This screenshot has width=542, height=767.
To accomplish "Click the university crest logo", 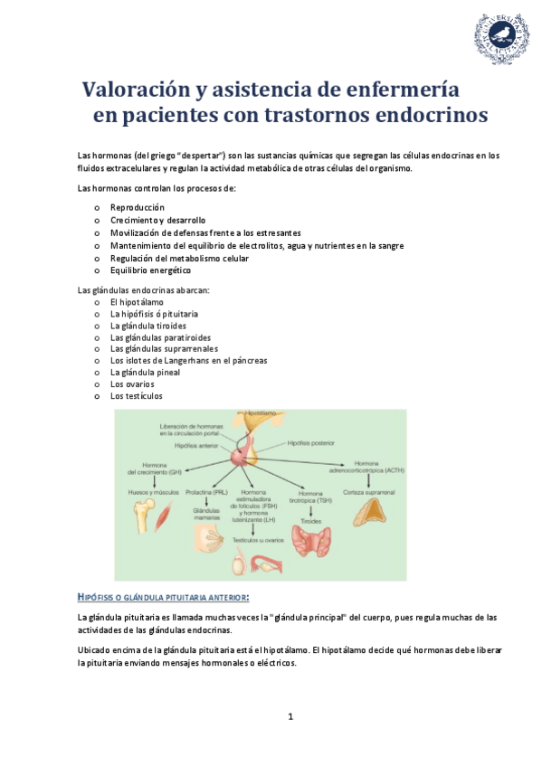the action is (499, 38).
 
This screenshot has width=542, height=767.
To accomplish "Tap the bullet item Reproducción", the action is (137, 207).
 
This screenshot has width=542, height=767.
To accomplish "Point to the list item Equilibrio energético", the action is (150, 270).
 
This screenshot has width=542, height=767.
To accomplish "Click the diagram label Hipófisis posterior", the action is (310, 443).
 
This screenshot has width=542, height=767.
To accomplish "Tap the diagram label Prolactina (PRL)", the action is (206, 492).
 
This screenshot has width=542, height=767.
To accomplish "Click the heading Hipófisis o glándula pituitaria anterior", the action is (164, 596).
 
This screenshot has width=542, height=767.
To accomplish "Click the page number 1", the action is (290, 717).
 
